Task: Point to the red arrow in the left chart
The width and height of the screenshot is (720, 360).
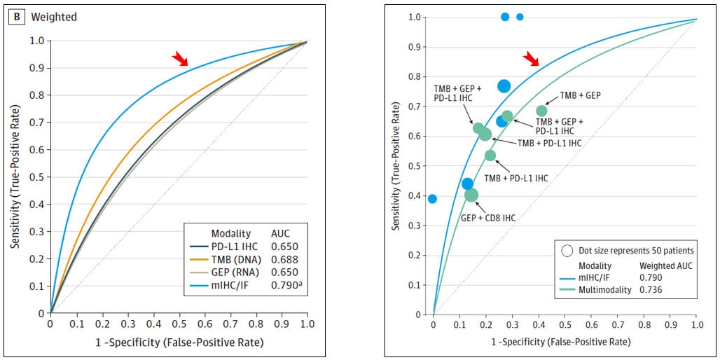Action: click(180, 57)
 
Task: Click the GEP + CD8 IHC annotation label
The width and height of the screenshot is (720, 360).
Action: click(487, 218)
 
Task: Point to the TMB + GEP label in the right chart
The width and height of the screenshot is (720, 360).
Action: click(580, 95)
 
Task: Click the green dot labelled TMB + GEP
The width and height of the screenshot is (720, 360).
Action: click(541, 111)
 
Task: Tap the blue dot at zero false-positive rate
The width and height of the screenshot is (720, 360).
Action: click(432, 199)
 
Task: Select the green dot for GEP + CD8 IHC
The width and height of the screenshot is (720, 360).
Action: click(471, 195)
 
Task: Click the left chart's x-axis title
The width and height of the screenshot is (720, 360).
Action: click(179, 342)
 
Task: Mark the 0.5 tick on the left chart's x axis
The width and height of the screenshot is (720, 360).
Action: click(179, 324)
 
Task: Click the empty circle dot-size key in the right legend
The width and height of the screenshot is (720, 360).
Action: click(568, 250)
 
